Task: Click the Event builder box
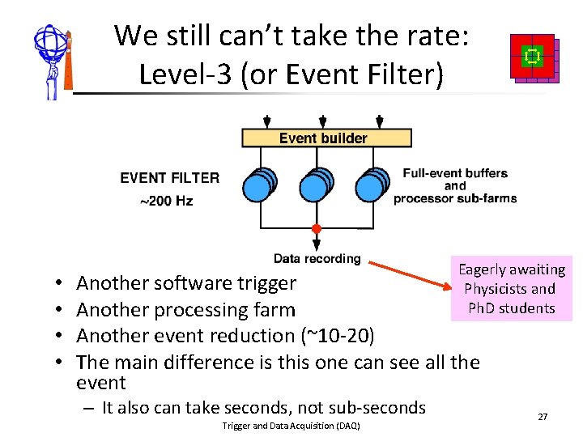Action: [x=326, y=138]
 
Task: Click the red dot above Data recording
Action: [x=317, y=229]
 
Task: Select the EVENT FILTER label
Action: [x=169, y=177]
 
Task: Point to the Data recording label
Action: [x=317, y=259]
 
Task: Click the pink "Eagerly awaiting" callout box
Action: [x=512, y=289]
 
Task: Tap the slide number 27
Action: [x=543, y=416]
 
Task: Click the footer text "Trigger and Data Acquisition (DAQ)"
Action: [x=290, y=426]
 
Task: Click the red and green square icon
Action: [x=534, y=57]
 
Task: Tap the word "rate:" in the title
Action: [x=442, y=36]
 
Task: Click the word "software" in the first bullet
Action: [x=198, y=283]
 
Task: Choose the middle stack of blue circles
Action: [x=316, y=185]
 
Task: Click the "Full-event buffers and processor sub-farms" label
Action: [x=455, y=185]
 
